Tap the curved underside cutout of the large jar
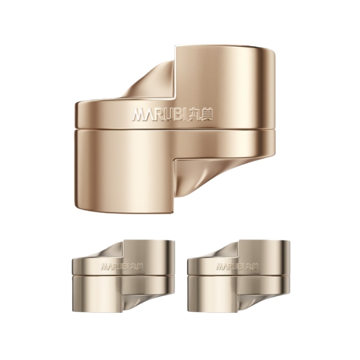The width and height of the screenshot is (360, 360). click(198, 177)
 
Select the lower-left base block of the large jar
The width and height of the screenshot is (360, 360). click(125, 170)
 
